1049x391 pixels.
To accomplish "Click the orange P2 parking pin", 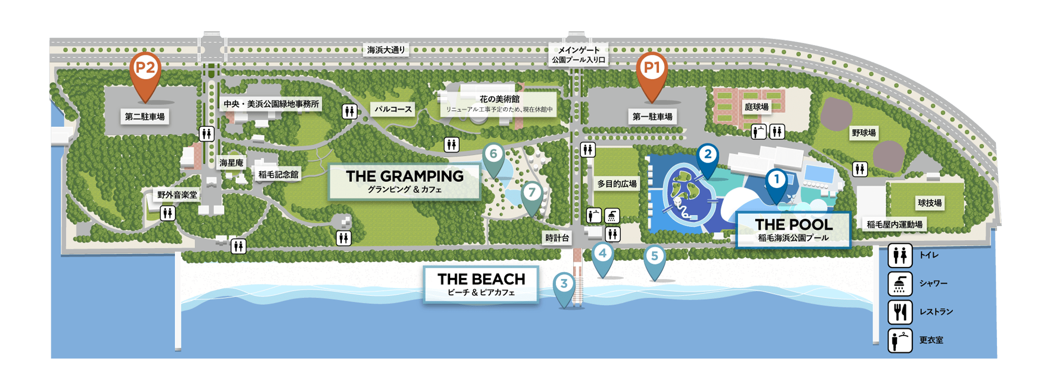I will pos(145,69).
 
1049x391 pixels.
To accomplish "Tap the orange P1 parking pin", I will pos(652,69).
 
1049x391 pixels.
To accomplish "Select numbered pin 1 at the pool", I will pos(776,180).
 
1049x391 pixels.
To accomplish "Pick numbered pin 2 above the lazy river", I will pos(708,155).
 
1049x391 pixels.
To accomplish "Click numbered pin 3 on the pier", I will pos(564,284).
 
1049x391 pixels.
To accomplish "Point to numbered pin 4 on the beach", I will pos(603,254).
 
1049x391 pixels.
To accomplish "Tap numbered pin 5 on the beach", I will pos(655,257).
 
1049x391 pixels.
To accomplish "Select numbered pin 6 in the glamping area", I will pos(494,154).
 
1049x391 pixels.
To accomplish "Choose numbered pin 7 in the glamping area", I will pos(532,193).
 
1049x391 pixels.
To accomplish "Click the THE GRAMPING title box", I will pos(404,181).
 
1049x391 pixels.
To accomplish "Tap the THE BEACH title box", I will pos(481,284).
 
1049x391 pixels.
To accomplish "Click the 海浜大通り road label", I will pos(386,50).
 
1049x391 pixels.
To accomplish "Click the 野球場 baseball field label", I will pos(864,133).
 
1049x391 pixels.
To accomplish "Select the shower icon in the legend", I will pos(900,284).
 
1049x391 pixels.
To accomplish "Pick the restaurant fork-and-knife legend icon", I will pos(900,312).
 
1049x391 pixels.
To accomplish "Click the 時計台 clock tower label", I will pos(557,238).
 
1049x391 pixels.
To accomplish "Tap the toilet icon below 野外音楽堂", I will pos(167,213).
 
